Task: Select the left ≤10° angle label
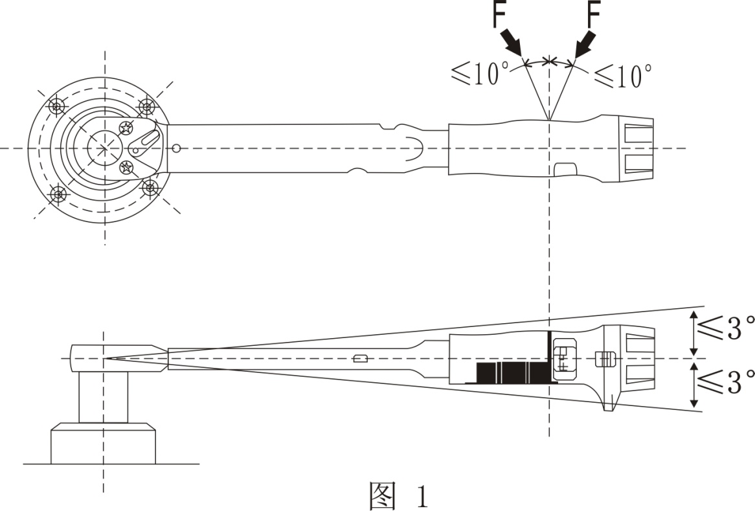[475, 76]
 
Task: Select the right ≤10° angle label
[623, 76]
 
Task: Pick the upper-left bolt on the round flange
[58, 106]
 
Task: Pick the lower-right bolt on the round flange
[150, 188]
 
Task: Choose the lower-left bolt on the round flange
[58, 193]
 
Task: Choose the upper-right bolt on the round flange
[148, 106]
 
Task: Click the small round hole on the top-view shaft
[176, 149]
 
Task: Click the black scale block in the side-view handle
[512, 372]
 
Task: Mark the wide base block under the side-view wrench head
[103, 444]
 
